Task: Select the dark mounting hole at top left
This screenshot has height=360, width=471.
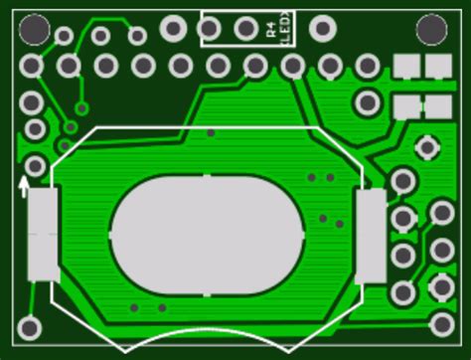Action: click(34, 29)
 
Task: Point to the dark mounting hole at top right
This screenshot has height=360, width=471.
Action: click(431, 29)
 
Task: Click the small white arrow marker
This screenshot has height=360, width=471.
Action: click(24, 185)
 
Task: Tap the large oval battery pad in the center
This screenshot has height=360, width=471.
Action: click(206, 236)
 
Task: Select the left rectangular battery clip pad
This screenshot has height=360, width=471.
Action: click(43, 235)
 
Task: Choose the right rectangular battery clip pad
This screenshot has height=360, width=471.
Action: click(371, 236)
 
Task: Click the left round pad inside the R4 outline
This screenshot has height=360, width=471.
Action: click(210, 29)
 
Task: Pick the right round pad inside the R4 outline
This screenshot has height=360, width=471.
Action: click(245, 29)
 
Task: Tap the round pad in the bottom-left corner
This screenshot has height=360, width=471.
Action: click(29, 327)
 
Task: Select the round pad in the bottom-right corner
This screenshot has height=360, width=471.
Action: click(442, 324)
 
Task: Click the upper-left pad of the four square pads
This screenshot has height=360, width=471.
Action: click(405, 66)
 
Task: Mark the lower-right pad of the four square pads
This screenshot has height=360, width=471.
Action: click(438, 106)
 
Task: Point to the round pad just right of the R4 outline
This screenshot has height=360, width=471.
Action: click(322, 28)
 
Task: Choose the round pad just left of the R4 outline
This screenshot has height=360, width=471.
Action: click(174, 28)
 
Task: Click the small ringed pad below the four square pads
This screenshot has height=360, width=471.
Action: click(427, 148)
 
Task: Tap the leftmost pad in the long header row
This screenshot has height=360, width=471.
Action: click(32, 67)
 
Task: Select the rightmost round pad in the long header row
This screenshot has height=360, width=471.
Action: click(368, 66)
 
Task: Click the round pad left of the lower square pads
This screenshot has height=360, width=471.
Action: click(368, 101)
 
